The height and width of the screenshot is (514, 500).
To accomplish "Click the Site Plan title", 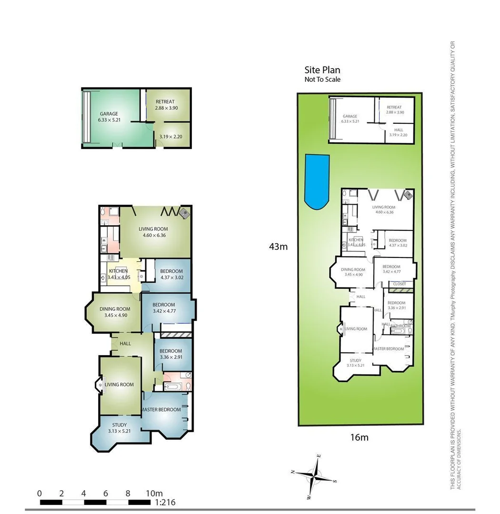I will point(322,70).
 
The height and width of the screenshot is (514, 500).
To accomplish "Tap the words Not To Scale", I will point(322,79).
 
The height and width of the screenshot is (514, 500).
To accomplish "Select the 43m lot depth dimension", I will point(278,247).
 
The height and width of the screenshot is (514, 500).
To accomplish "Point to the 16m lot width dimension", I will point(359,437).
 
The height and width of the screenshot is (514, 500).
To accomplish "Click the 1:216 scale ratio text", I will point(165,502).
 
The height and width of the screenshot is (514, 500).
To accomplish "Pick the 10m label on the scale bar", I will point(154,493).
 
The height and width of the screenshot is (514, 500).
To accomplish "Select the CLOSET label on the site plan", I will point(399,284).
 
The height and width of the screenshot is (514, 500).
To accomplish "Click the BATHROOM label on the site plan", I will point(400,326).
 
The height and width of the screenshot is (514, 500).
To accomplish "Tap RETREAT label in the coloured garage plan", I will point(165,101).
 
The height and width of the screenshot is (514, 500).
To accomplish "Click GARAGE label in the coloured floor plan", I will point(109,114).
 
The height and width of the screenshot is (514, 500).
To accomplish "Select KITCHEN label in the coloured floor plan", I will point(118,271).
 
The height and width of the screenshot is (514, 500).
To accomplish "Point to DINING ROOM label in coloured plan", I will point(115,309).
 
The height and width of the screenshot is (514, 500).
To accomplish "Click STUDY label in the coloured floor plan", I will point(120,425).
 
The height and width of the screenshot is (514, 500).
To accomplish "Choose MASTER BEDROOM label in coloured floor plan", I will point(161,409).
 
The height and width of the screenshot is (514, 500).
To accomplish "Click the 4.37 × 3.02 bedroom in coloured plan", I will point(171,274).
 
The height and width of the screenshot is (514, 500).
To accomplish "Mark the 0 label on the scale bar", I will point(40,493).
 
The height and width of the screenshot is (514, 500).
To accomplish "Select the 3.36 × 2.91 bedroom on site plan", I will point(396,305).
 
